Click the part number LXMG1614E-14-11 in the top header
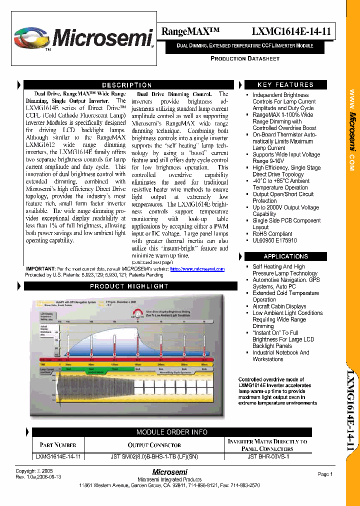(x=291, y=31)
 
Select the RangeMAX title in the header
(x=190, y=31)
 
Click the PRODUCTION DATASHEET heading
(x=244, y=58)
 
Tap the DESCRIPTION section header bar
(x=126, y=85)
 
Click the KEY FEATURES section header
(x=285, y=85)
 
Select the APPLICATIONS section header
(x=285, y=256)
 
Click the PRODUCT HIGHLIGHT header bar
(x=128, y=286)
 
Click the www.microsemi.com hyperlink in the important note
(x=197, y=269)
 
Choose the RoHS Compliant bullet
(x=272, y=233)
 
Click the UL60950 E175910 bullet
(x=274, y=240)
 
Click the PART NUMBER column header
(x=58, y=445)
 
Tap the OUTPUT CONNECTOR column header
(x=154, y=445)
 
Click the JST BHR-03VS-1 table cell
(x=268, y=456)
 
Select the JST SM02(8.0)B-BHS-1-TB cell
(x=154, y=456)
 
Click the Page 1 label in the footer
(x=324, y=474)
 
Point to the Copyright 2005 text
(x=34, y=471)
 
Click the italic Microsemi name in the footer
(x=169, y=472)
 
